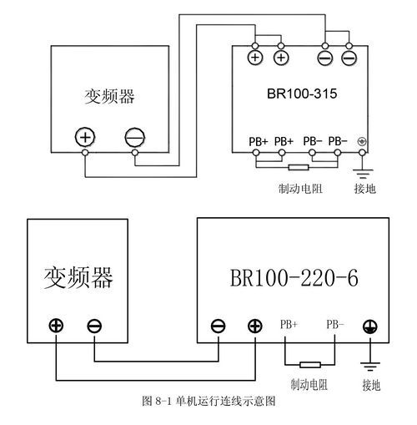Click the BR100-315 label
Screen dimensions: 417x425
coord(302,94)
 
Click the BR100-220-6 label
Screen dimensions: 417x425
coord(294,278)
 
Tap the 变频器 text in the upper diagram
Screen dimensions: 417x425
coord(109,97)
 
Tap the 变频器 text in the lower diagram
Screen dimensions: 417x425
coord(78,277)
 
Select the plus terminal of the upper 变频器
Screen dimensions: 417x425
coord(85,137)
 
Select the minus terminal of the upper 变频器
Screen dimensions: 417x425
coord(135,137)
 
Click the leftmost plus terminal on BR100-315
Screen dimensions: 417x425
coord(255,58)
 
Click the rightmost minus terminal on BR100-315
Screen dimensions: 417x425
coord(349,58)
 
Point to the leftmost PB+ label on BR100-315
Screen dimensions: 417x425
coord(259,142)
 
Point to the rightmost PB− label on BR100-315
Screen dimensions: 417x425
coord(338,141)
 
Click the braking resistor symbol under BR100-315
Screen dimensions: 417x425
coord(299,167)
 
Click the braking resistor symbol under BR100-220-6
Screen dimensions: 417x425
coord(310,365)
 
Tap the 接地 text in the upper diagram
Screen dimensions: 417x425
coord(365,189)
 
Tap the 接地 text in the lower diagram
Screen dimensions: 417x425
coord(371,386)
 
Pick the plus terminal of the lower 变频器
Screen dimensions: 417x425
coord(56,326)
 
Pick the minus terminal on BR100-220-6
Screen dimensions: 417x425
coord(219,326)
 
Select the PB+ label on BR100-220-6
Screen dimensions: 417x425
coord(289,324)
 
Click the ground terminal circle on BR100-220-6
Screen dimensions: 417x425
coord(370,326)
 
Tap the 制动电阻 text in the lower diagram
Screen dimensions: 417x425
coord(309,385)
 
